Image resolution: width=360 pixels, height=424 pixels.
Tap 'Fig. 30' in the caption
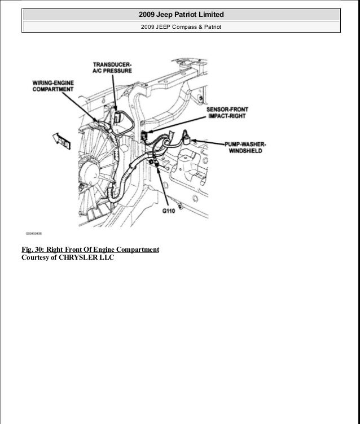coord(34,249)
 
